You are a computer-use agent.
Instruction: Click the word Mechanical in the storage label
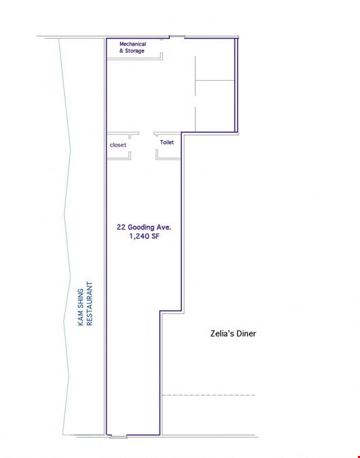132,44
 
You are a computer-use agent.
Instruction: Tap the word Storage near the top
134,51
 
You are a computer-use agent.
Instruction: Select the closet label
118,145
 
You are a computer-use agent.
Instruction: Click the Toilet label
166,142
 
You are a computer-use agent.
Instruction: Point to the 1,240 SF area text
144,236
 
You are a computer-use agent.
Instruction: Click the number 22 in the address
121,227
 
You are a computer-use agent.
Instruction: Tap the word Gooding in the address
141,227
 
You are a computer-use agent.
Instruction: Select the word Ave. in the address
164,227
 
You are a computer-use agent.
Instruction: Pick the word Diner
247,334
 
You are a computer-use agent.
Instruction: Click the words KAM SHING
81,307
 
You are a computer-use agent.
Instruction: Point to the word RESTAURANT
90,303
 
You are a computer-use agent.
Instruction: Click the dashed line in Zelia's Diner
209,395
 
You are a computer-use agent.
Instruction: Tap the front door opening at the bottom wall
118,437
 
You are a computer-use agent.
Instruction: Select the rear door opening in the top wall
177,37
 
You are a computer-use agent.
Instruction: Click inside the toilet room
168,152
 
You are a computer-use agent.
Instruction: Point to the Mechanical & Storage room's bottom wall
134,59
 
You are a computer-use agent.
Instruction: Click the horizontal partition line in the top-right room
215,80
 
